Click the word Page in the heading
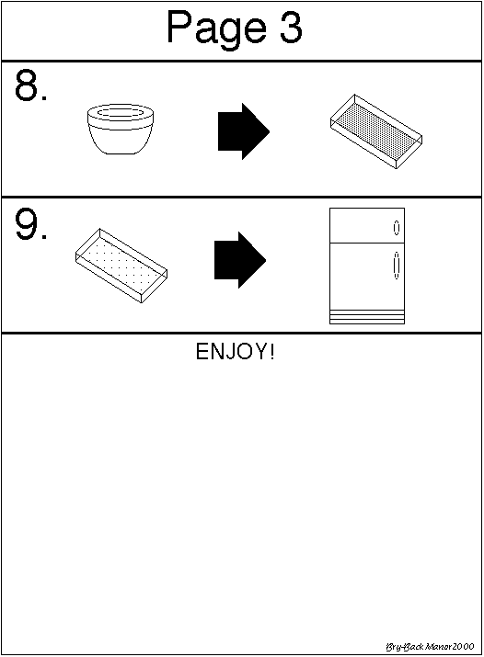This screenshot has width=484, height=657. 216,28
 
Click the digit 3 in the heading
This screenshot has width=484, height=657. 291,27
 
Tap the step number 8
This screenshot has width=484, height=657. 26,85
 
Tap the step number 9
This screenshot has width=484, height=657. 26,224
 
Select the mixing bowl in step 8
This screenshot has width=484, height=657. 121,129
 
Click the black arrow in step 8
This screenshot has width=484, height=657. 244,131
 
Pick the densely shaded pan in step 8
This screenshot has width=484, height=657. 376,131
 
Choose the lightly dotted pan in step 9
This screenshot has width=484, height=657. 121,266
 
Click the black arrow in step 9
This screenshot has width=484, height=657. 240,260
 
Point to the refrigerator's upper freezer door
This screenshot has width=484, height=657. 367,225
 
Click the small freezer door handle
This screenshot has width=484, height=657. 397,228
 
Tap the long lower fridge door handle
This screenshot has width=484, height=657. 397,266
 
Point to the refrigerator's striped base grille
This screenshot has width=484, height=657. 367,317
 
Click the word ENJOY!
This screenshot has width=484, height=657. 236,351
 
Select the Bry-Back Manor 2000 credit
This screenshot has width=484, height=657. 430,647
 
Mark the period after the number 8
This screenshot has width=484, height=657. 44,98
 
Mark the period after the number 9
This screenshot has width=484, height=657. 44,237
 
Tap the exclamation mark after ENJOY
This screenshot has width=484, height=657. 272,351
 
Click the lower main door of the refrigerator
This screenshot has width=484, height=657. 367,277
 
